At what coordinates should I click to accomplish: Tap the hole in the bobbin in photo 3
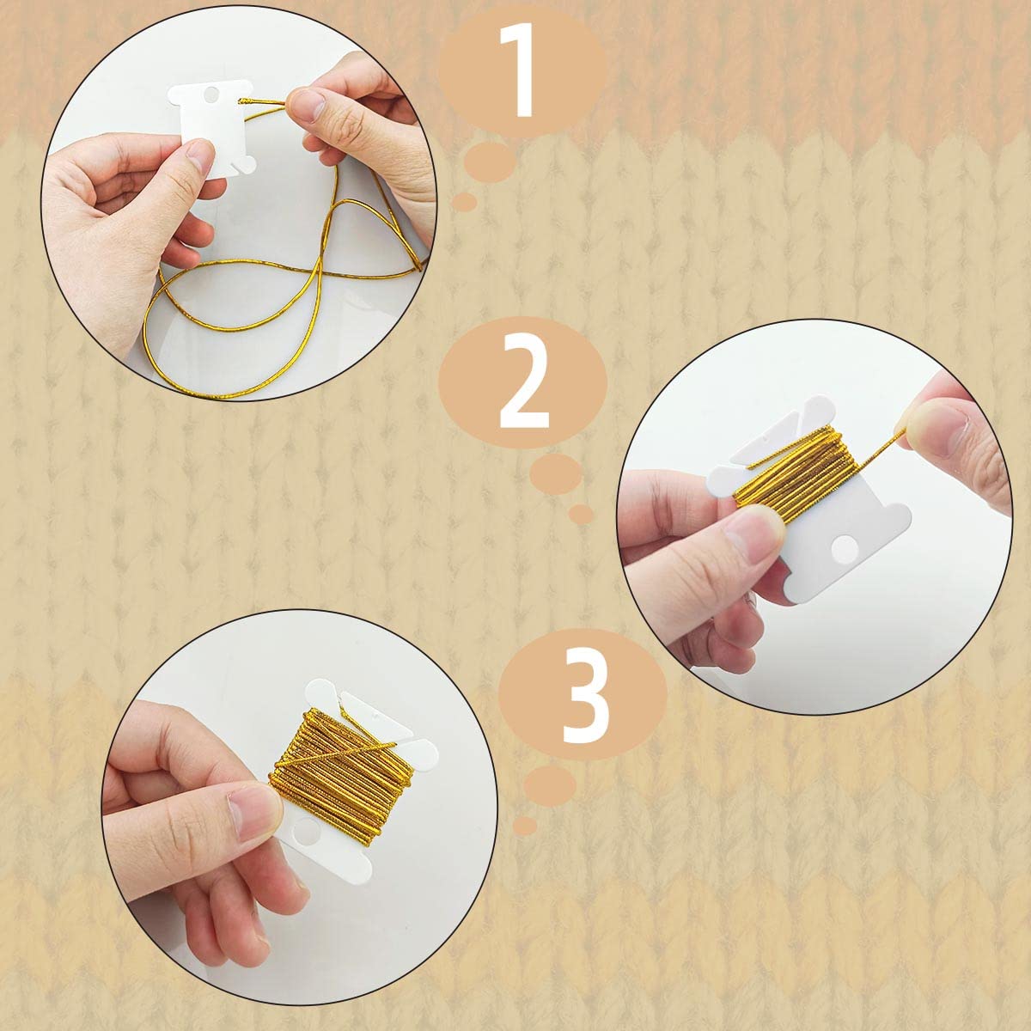308,851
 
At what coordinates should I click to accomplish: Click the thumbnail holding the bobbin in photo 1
200,158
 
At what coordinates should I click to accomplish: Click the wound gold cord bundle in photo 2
799,474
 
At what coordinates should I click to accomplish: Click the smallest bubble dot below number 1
464,201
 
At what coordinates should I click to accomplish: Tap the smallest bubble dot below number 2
582,514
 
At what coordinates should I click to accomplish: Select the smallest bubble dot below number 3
524,826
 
